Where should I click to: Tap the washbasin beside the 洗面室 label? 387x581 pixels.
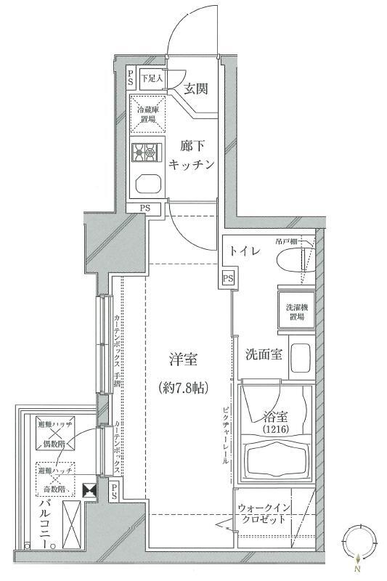301,357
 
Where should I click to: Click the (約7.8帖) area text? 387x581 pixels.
184,388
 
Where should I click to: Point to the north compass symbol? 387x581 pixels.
358,543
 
